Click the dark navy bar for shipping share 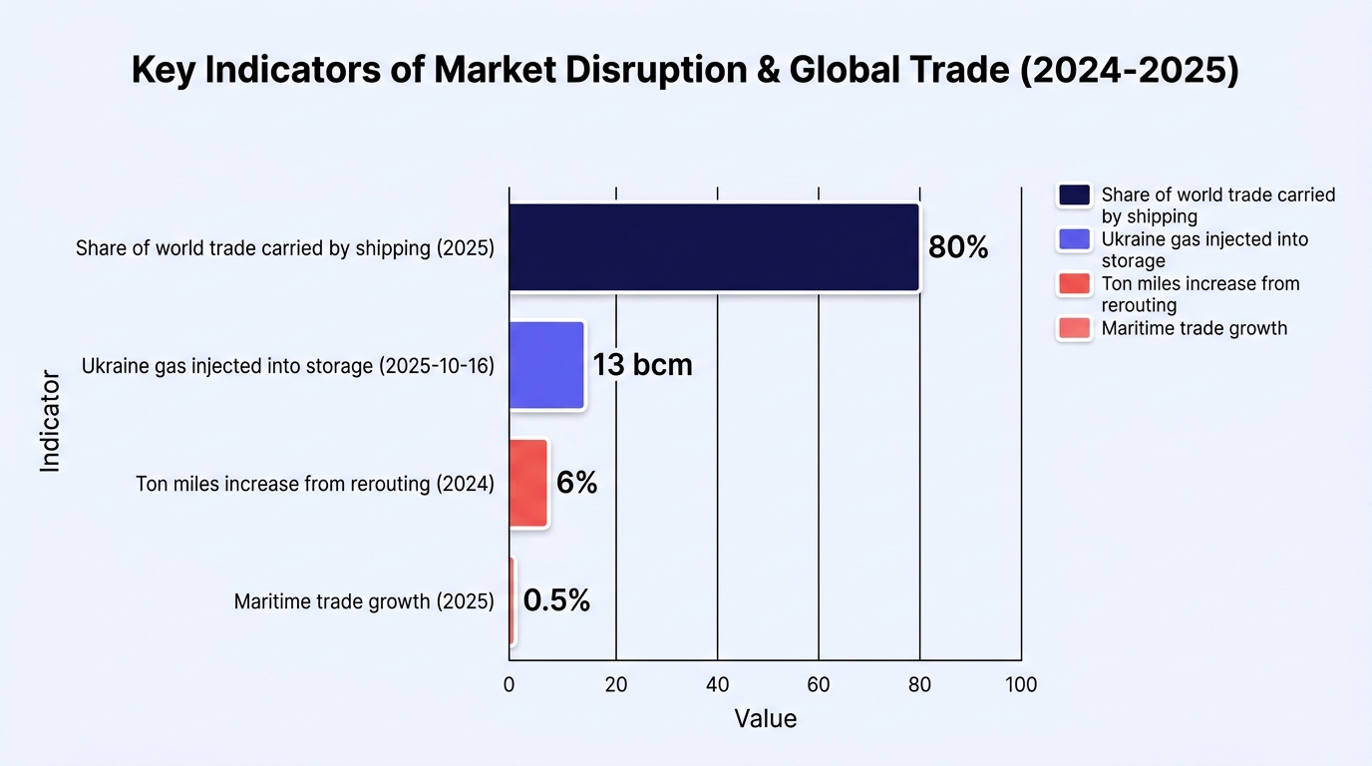pyautogui.click(x=714, y=247)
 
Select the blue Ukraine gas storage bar pyautogui.click(x=546, y=365)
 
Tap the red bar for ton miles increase pyautogui.click(x=528, y=483)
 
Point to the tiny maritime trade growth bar pyautogui.click(x=512, y=600)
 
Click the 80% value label pyautogui.click(x=958, y=247)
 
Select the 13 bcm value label pyautogui.click(x=642, y=365)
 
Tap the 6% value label pyautogui.click(x=576, y=483)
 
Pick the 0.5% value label pyautogui.click(x=556, y=599)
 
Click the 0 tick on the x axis pyautogui.click(x=509, y=684)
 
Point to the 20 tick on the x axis pyautogui.click(x=616, y=684)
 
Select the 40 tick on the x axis pyautogui.click(x=717, y=684)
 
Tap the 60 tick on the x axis pyautogui.click(x=819, y=684)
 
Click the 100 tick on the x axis pyautogui.click(x=1021, y=684)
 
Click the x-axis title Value pyautogui.click(x=766, y=719)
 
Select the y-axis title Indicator pyautogui.click(x=50, y=421)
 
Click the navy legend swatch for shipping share pyautogui.click(x=1074, y=195)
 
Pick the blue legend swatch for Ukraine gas pyautogui.click(x=1074, y=239)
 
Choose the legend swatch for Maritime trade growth pyautogui.click(x=1074, y=328)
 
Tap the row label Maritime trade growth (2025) pyautogui.click(x=364, y=601)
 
